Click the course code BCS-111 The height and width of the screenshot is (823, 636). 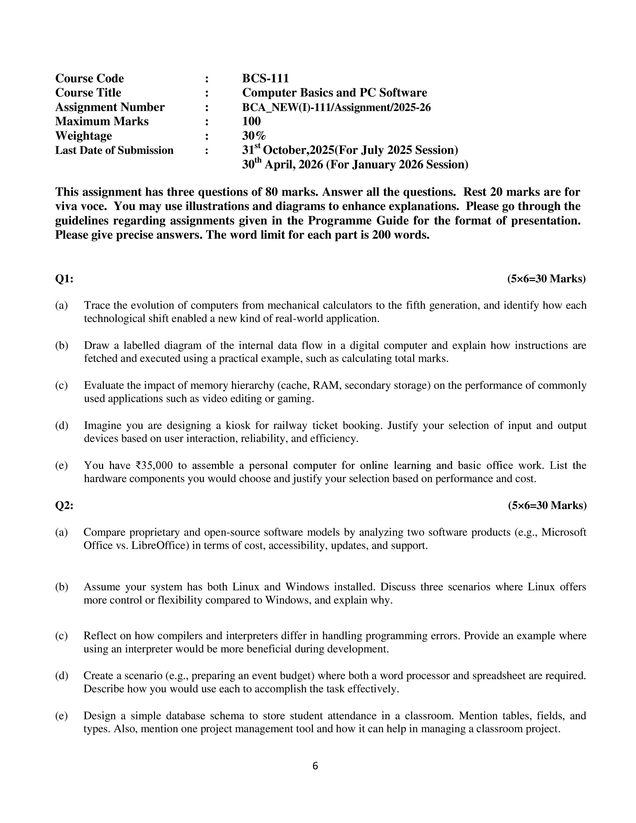[265, 78]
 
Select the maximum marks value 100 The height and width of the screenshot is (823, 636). [251, 121]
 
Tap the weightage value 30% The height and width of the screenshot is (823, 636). [254, 136]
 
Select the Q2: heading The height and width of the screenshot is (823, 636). [64, 505]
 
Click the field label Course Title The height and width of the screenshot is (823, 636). [88, 93]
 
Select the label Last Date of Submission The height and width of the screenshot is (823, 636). [114, 150]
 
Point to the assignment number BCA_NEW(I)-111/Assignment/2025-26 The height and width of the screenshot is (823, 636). [336, 107]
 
